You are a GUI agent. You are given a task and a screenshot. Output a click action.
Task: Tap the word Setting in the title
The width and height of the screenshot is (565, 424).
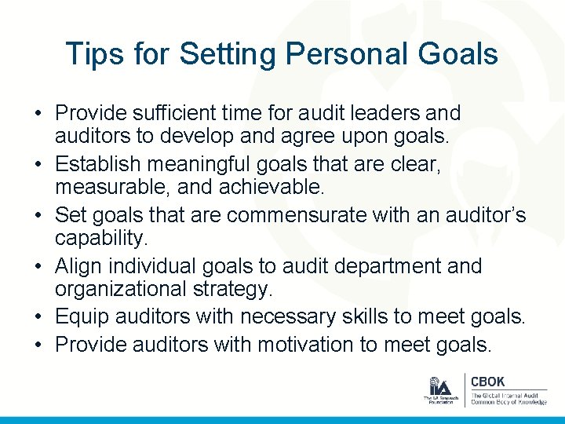pos(228,54)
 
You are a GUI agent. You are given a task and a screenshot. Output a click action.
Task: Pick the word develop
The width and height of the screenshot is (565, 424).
pos(197,137)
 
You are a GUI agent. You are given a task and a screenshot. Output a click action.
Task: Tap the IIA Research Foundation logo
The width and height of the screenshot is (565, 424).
pos(440,390)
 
